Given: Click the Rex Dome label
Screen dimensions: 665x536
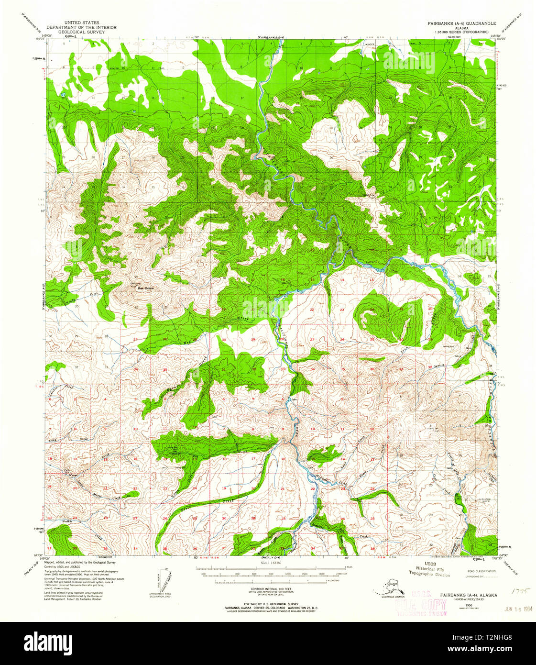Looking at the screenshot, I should [138, 288].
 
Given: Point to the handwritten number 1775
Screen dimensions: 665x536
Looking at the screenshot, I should [518, 592].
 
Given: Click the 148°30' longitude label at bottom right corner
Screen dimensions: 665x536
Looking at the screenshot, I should [497, 558].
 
